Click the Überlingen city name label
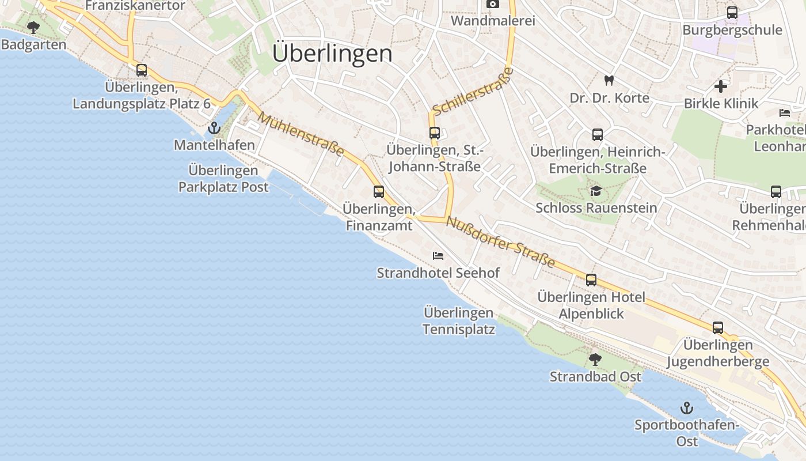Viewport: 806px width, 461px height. [332, 54]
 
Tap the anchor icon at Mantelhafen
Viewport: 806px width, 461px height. [214, 128]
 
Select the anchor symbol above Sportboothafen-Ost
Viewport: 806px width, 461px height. [686, 409]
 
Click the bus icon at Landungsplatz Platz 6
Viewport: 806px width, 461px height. [142, 70]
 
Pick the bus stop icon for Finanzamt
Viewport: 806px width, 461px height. [379, 192]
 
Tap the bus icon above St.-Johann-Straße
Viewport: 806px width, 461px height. [435, 133]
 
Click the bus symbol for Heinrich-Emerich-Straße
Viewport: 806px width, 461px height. [598, 135]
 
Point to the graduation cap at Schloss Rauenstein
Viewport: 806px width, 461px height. [596, 191]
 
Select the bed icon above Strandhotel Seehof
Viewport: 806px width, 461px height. [438, 255]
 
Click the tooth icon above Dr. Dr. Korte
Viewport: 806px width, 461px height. [609, 81]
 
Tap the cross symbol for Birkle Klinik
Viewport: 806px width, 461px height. [721, 86]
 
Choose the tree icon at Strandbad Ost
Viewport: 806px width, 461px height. [595, 360]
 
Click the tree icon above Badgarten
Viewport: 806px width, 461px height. [33, 27]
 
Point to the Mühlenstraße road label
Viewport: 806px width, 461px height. [301, 134]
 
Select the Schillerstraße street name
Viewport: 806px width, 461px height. [473, 91]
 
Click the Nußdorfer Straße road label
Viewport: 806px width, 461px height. [500, 243]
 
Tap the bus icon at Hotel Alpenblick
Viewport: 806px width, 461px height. [591, 280]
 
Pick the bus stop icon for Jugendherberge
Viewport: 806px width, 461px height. [718, 328]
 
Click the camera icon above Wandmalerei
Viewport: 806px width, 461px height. [493, 4]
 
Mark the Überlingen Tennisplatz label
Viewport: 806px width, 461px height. [459, 321]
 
